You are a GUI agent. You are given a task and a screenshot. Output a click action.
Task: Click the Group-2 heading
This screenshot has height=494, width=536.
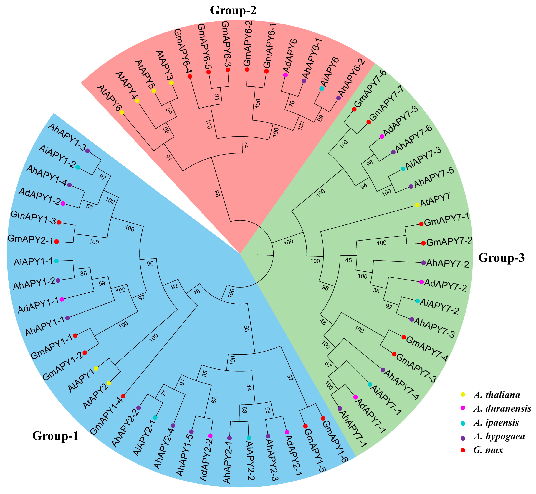point(233,10)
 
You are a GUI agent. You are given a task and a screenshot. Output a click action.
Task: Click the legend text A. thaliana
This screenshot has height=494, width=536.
point(497,395)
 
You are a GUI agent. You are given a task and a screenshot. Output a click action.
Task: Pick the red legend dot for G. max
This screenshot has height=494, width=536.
point(463,450)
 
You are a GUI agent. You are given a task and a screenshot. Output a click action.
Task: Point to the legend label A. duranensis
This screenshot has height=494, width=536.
point(502,408)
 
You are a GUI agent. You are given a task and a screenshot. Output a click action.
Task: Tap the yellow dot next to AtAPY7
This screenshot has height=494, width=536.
point(417,205)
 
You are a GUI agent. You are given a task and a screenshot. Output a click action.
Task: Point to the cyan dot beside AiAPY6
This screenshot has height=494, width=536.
point(322,88)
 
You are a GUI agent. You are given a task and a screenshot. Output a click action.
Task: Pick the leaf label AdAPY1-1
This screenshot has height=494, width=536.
point(38,306)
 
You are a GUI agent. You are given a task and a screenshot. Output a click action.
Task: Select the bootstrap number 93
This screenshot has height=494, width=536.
point(247,329)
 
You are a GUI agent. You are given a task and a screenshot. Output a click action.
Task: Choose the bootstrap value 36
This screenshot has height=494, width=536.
point(376,291)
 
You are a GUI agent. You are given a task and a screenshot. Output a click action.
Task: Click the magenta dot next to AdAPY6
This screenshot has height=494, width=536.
point(285,75)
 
